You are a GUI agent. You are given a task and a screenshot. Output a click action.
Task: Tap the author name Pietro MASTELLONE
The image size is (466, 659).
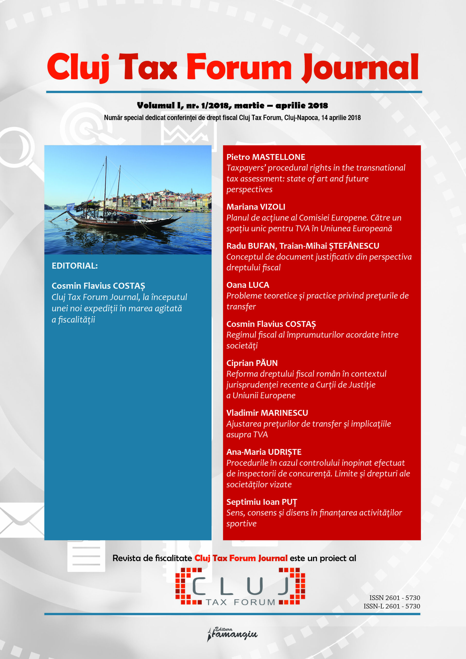[x=266, y=157]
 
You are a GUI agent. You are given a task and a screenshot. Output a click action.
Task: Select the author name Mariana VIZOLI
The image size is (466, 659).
[x=256, y=207]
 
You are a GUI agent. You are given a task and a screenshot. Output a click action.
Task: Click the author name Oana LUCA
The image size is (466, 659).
[x=247, y=285]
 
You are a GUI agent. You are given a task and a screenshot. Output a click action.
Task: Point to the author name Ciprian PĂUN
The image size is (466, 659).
[x=252, y=363]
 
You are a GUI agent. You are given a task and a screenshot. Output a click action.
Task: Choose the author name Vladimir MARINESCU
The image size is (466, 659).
[x=267, y=413]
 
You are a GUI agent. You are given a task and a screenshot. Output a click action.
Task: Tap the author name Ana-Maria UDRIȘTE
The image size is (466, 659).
[x=264, y=452]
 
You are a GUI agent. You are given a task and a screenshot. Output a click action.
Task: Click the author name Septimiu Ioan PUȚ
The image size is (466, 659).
[x=262, y=502]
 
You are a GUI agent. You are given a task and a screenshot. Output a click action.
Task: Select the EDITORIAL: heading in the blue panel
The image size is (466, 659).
[x=75, y=266]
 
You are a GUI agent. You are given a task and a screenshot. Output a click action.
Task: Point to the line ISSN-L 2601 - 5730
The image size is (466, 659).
[x=392, y=606]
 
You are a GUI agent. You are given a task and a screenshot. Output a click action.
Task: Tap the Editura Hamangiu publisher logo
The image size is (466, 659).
[x=232, y=634]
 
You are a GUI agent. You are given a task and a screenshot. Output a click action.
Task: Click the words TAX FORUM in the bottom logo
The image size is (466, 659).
[x=240, y=602]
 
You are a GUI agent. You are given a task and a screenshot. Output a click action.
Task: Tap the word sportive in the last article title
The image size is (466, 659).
[x=241, y=524]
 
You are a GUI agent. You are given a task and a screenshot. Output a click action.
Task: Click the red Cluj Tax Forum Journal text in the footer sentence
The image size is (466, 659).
[x=241, y=558]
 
